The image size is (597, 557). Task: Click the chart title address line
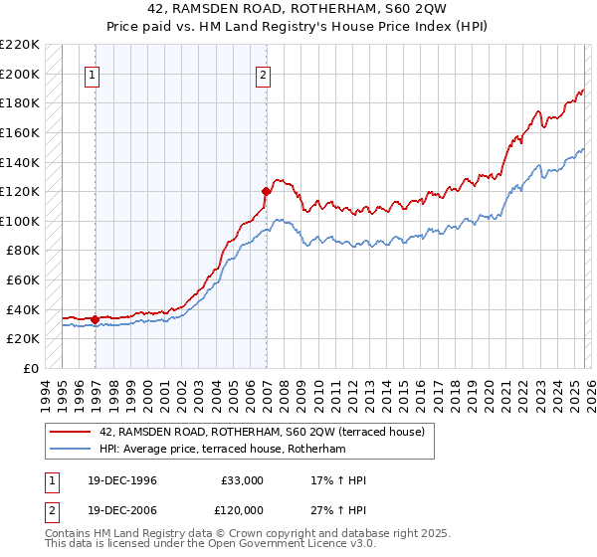tap(298, 9)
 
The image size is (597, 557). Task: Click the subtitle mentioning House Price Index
tap(298, 26)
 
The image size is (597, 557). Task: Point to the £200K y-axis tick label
tap(20, 74)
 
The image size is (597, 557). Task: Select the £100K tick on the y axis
tap(20, 221)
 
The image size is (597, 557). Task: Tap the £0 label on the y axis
tap(30, 368)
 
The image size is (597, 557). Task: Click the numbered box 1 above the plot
tap(93, 74)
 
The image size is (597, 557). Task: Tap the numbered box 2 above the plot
tap(264, 74)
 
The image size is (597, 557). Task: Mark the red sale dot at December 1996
tap(95, 319)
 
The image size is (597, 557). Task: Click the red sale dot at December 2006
tap(266, 191)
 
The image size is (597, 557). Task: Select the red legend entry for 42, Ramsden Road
tap(263, 431)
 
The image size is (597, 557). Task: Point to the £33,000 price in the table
tap(242, 480)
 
